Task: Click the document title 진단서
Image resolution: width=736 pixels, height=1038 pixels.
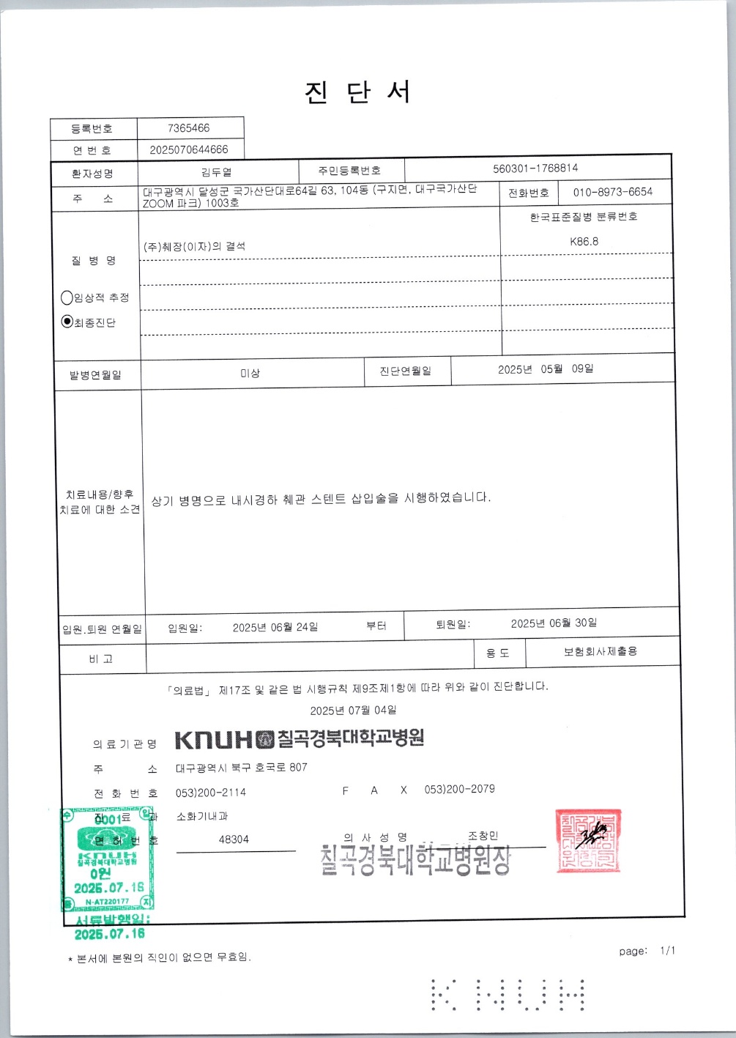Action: pos(358,93)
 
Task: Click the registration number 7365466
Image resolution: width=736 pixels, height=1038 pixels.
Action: pos(188,128)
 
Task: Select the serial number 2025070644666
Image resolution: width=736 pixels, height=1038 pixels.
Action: pos(189,149)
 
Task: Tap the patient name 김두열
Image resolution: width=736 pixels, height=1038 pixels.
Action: pos(216,173)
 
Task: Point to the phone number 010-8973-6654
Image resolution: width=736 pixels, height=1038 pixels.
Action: pos(612,192)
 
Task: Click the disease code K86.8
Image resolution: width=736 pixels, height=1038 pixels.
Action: pos(584,241)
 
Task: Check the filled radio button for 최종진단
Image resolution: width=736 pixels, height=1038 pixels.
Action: pos(67,322)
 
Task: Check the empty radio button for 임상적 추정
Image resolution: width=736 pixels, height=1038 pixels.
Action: pos(67,297)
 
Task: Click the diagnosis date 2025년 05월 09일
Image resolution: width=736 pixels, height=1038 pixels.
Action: pos(546,369)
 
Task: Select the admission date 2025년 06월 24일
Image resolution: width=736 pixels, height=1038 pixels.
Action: pos(275,627)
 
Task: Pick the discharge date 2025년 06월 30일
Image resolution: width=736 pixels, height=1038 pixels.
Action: pos(554,623)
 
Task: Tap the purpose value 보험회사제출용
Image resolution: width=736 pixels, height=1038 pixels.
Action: pos(601,651)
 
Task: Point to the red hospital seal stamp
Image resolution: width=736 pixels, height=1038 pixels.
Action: pos(589,839)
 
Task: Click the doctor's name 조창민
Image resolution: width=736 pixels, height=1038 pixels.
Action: pos(483,836)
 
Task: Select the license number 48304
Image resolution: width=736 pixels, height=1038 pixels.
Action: pos(234,839)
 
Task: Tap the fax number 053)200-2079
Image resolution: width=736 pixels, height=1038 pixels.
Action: pos(459,790)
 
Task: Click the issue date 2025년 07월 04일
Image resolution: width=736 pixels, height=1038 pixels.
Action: pos(353,711)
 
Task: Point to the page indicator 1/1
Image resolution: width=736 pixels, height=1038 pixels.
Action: pos(667,951)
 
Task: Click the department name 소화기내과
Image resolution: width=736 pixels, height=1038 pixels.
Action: pos(202,816)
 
